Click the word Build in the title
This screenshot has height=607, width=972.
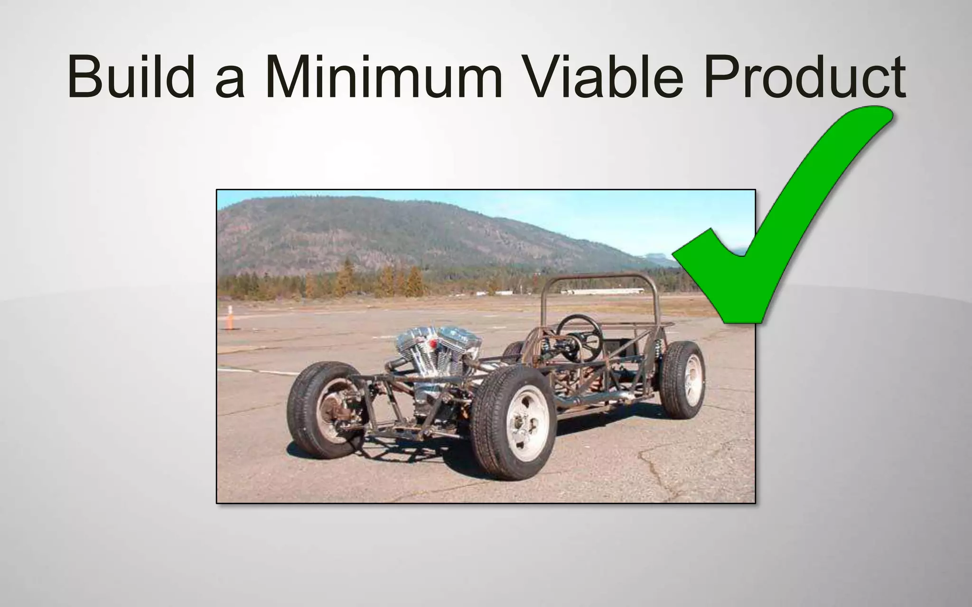[x=131, y=77]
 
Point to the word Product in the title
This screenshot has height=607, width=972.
[x=804, y=77]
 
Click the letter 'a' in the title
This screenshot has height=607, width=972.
[x=230, y=83]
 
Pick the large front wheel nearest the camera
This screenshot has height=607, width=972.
[x=515, y=422]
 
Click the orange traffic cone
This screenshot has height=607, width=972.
[x=230, y=318]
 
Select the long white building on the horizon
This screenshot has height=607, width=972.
[x=603, y=292]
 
